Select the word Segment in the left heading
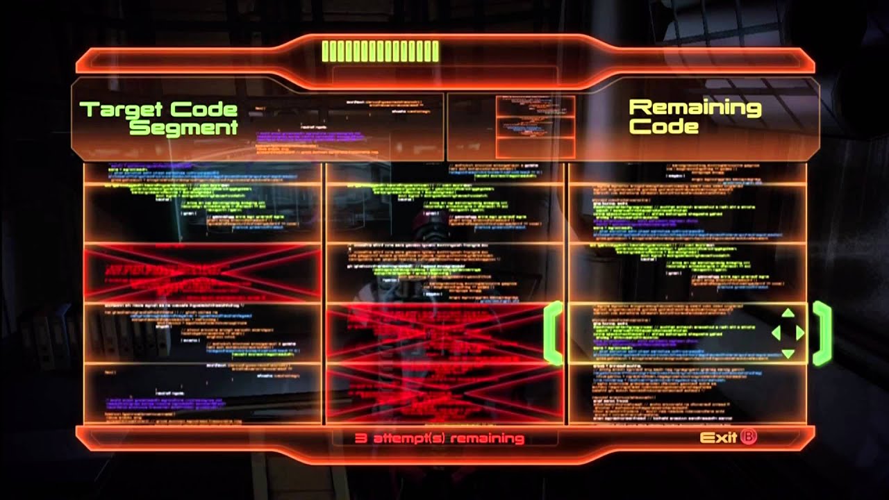click(183, 128)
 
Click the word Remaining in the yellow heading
click(695, 108)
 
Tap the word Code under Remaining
click(654, 126)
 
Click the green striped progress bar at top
click(380, 51)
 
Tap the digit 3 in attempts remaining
click(360, 438)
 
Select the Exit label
click(717, 437)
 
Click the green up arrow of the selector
click(788, 314)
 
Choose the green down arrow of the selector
click(788, 353)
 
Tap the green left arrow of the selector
click(775, 333)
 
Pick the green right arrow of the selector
click(800, 333)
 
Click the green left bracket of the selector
click(554, 333)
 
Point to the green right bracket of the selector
click(822, 333)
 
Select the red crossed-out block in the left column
click(202, 273)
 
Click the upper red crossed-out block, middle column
click(444, 333)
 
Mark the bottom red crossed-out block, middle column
click(444, 393)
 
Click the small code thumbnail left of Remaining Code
click(535, 126)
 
